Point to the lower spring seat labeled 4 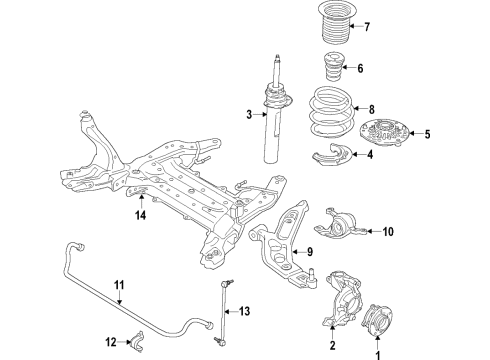click(x=338, y=155)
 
